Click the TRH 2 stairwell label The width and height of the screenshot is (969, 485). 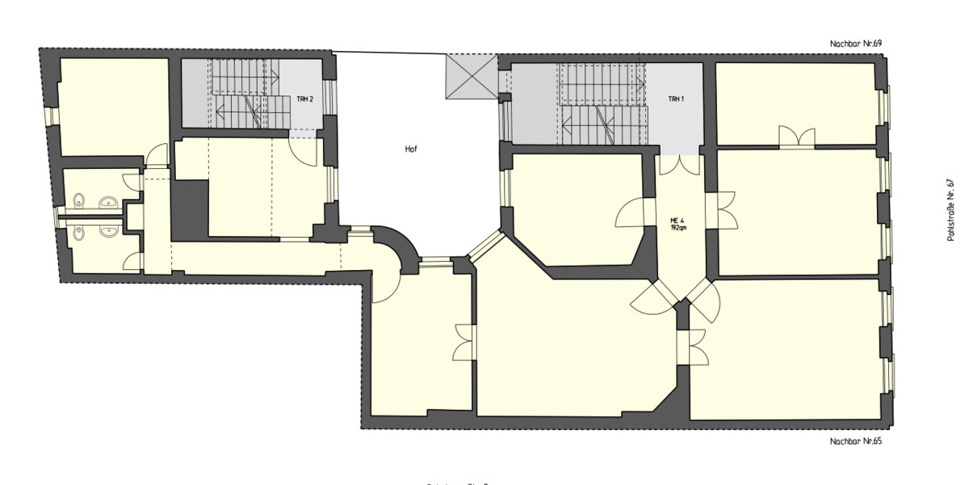pyautogui.click(x=304, y=99)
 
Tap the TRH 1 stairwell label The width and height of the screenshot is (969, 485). pyautogui.click(x=676, y=99)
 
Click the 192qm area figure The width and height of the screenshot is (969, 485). pyautogui.click(x=677, y=228)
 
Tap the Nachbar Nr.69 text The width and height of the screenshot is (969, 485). pyautogui.click(x=856, y=43)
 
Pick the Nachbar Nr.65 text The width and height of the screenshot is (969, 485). pyautogui.click(x=856, y=441)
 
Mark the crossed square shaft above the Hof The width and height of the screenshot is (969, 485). pyautogui.click(x=472, y=77)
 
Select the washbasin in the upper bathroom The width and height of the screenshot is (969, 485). pyautogui.click(x=108, y=202)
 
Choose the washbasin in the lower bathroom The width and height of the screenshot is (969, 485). pyautogui.click(x=108, y=232)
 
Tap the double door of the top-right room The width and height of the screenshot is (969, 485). pyautogui.click(x=796, y=137)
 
